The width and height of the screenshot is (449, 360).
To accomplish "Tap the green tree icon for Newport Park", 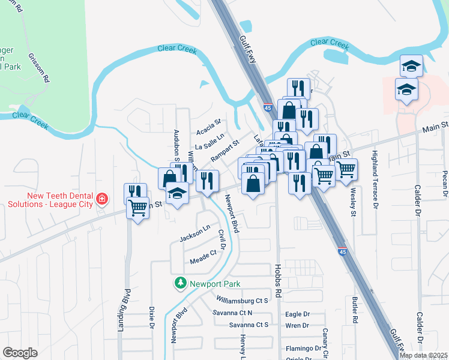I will [x=179, y=283].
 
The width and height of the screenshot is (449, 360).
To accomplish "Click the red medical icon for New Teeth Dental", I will [x=102, y=199].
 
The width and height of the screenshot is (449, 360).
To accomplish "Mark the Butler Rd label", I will [x=355, y=311].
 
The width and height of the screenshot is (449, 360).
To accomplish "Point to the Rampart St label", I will [x=224, y=151].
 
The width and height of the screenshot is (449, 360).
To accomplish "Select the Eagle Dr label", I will [x=297, y=314].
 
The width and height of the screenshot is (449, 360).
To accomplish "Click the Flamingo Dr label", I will [x=303, y=348].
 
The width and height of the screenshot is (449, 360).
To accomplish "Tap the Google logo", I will [x=20, y=353].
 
